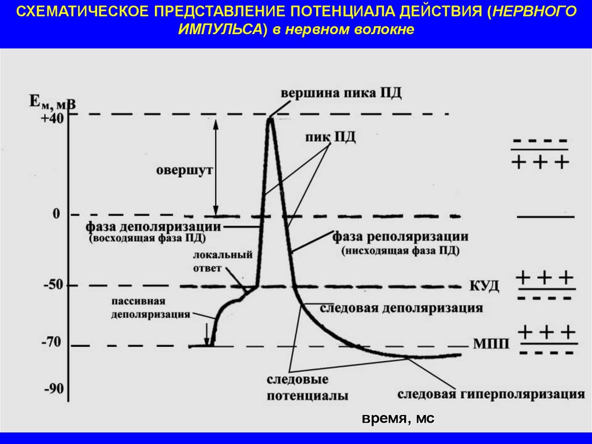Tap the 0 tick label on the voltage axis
[x=56, y=214]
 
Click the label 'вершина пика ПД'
[x=341, y=94]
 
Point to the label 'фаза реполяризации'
[x=400, y=237]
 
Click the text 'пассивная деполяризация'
[x=147, y=308]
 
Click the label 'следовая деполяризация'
[x=401, y=308]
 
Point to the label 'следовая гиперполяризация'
[x=491, y=395]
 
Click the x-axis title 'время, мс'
[x=398, y=419]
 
